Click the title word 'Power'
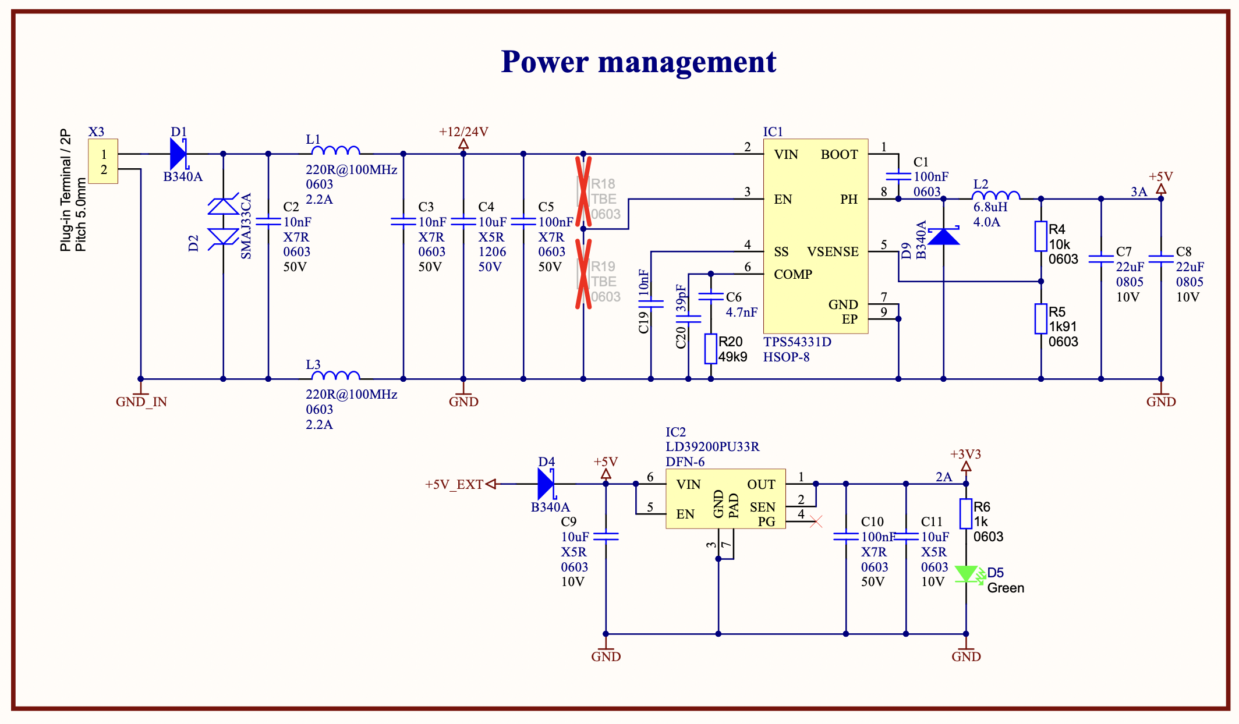pyautogui.click(x=544, y=62)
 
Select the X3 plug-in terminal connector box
pyautogui.click(x=103, y=161)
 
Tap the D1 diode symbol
pyautogui.click(x=178, y=154)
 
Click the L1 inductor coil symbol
pyautogui.click(x=335, y=151)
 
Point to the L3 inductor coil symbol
pyautogui.click(x=335, y=376)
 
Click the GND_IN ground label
pyautogui.click(x=141, y=402)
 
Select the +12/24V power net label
pyautogui.click(x=463, y=132)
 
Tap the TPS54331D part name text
pyautogui.click(x=797, y=342)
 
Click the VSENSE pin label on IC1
pyautogui.click(x=833, y=252)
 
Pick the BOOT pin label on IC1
pyautogui.click(x=839, y=155)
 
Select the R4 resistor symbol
pyautogui.click(x=1040, y=236)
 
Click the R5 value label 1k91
pyautogui.click(x=1063, y=327)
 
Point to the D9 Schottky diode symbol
pyautogui.click(x=943, y=236)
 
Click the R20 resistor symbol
pyautogui.click(x=710, y=349)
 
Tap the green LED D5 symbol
pyautogui.click(x=967, y=574)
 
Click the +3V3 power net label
pyautogui.click(x=965, y=455)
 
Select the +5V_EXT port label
pyautogui.click(x=454, y=484)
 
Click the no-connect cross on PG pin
pyautogui.click(x=816, y=522)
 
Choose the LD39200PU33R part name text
pyautogui.click(x=712, y=447)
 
